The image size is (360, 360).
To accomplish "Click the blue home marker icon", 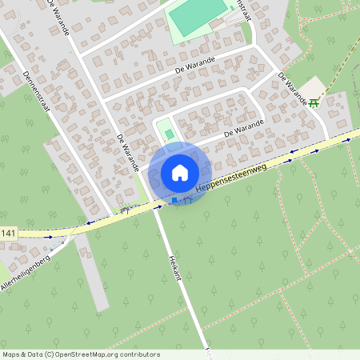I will click(180, 172).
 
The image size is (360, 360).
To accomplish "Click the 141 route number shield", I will click(8, 233).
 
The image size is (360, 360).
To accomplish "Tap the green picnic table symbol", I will click(314, 102).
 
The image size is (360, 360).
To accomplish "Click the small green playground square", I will click(168, 131).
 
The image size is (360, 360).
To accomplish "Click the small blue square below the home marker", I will click(174, 200).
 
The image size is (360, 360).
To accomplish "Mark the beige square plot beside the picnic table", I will click(317, 86).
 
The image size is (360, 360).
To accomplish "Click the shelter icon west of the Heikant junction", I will click(124, 211).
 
